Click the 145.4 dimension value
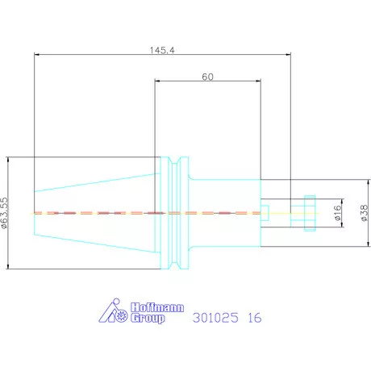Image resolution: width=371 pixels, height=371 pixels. [162, 50]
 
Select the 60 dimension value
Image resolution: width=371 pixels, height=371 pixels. [207, 77]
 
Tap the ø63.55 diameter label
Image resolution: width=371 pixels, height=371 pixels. [5, 213]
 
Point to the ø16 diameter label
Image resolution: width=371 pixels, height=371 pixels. [338, 213]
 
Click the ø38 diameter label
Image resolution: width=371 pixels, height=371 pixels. [364, 213]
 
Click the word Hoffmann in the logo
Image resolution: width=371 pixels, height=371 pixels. [157, 307]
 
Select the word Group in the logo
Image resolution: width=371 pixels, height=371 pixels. [148, 318]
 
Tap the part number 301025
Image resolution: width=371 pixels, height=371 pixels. [215, 318]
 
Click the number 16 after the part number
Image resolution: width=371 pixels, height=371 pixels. [254, 318]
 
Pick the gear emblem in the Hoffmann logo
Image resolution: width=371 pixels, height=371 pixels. [122, 315]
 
